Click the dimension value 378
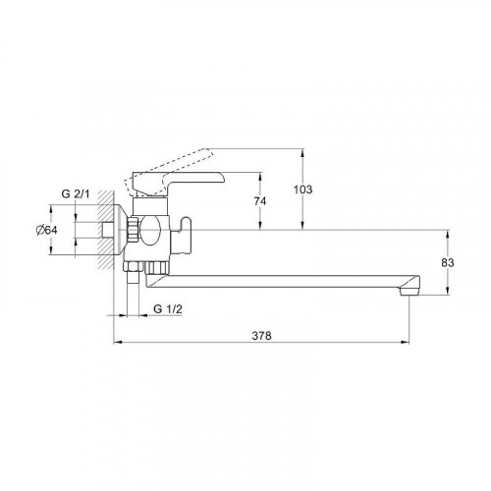pos(261,336)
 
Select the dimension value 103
pos(302,190)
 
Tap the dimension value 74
pos(260,201)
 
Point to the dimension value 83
pos(448,262)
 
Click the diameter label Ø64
pos(46,230)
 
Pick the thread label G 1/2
pos(168,308)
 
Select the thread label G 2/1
pos(76,193)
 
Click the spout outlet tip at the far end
pos(409,291)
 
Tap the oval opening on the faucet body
pos(150,230)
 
